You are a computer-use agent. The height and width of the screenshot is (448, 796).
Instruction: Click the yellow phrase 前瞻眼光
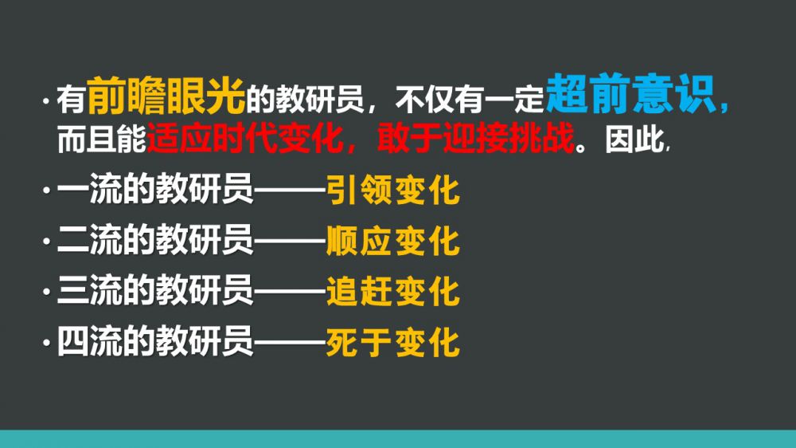pos(166,96)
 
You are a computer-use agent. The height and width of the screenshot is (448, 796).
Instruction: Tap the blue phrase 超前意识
pos(631,93)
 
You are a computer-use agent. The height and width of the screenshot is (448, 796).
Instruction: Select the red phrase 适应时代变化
pos(244,138)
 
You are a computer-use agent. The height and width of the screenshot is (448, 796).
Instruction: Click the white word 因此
pos(634,139)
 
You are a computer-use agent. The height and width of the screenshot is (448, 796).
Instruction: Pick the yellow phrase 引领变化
pos(393,191)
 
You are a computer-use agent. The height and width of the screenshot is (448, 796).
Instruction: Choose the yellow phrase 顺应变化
pos(393,241)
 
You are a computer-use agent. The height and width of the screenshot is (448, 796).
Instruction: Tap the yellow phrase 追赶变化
pos(393,292)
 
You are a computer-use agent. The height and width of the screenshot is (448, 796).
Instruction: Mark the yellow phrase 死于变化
pos(393,342)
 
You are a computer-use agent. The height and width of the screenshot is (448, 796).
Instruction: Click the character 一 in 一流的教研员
pos(72,191)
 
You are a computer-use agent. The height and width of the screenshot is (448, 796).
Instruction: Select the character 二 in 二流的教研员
pos(72,240)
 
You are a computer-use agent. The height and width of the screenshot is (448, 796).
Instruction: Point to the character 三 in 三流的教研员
pos(72,290)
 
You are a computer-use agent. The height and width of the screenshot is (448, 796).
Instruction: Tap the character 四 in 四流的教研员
pos(72,341)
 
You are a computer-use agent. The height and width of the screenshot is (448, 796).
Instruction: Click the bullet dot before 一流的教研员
pos(47,191)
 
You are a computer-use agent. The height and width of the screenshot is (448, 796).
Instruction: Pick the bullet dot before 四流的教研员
pos(47,343)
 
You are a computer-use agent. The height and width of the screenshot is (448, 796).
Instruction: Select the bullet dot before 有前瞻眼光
pos(47,100)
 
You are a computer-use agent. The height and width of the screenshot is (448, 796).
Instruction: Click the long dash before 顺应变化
pos(290,241)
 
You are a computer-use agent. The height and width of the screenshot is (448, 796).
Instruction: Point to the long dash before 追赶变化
pos(290,292)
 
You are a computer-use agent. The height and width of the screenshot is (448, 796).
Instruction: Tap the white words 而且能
pos(102,139)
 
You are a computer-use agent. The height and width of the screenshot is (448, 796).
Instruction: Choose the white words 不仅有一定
pos(470,99)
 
